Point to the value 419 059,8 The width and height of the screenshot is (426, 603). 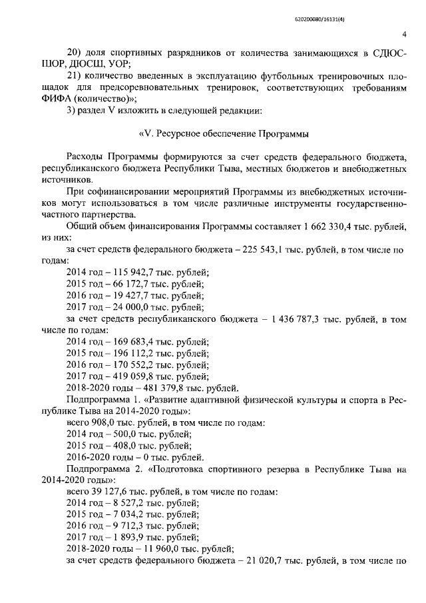(x=134, y=376)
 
